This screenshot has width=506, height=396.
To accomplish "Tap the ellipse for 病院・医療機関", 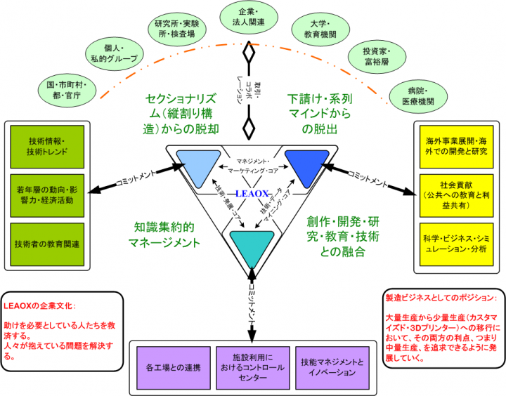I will click(420, 95).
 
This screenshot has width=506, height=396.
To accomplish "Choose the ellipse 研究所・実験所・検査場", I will click(175, 28).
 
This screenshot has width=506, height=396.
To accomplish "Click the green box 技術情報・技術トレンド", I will click(46, 145).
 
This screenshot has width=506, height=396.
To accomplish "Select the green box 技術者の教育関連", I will click(46, 244).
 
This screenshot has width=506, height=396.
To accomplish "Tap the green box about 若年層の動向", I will click(46, 194).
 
